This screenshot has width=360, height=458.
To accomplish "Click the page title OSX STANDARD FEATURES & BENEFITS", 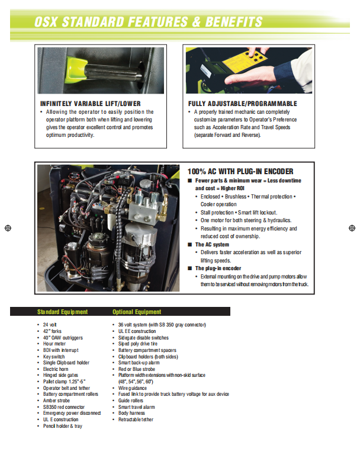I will (x=149, y=23).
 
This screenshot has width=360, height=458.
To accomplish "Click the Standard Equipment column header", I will (x=62, y=312).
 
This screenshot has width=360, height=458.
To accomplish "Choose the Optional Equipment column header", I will (x=137, y=312).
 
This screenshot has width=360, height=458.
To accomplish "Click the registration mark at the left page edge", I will (x=7, y=228).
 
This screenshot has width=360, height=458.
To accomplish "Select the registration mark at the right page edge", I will (x=352, y=228).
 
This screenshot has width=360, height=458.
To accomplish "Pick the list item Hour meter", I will (x=54, y=344).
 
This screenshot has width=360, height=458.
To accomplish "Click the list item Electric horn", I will (x=57, y=369).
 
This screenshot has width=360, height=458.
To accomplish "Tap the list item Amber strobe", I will (x=56, y=401).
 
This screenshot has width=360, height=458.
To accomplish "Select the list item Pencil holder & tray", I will (x=63, y=426).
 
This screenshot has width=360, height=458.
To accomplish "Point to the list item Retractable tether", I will (x=136, y=419).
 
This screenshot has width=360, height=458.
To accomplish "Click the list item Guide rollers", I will (x=131, y=401).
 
